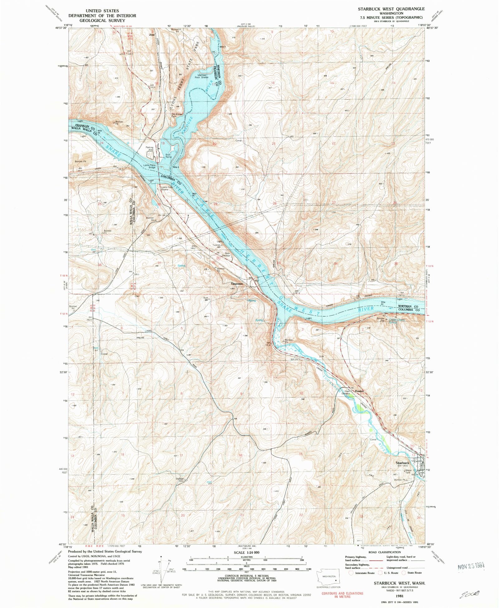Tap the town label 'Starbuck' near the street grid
click(x=402, y=463)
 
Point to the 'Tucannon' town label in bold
click(x=237, y=284)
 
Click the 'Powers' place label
click(x=359, y=391)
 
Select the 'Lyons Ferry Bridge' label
click(x=149, y=166)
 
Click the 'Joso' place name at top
click(x=152, y=35)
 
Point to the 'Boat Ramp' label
click(x=168, y=156)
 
